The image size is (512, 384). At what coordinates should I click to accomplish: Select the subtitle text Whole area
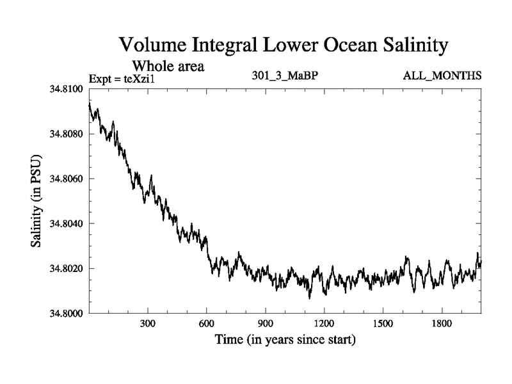pos(168,66)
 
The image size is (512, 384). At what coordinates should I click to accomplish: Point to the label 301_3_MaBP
pos(285,76)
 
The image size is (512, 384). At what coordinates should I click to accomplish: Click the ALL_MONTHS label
pos(442,76)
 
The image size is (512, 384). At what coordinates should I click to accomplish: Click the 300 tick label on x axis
pos(148,324)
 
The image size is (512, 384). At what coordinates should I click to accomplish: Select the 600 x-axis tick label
pos(207,324)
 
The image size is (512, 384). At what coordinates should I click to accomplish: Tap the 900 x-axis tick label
pos(266,324)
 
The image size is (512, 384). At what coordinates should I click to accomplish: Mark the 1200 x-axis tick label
pos(324,324)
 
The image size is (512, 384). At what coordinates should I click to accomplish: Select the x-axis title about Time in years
pos(285,339)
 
